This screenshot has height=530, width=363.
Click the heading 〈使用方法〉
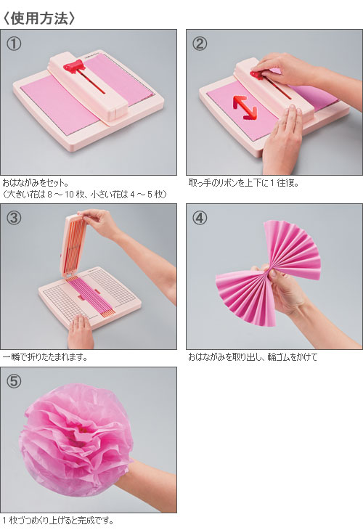tap(39, 16)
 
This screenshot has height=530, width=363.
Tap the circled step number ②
tap(200, 44)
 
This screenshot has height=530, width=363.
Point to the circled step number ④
tap(200, 219)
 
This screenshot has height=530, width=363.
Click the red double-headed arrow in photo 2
tap(245, 106)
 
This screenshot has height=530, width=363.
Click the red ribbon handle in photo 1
tap(76, 67)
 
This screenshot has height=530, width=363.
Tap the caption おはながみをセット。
tap(36, 183)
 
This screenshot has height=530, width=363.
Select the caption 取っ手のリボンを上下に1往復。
tap(242, 183)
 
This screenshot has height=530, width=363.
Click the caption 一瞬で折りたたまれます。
tap(43, 357)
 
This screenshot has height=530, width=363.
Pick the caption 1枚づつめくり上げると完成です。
tap(58, 521)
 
